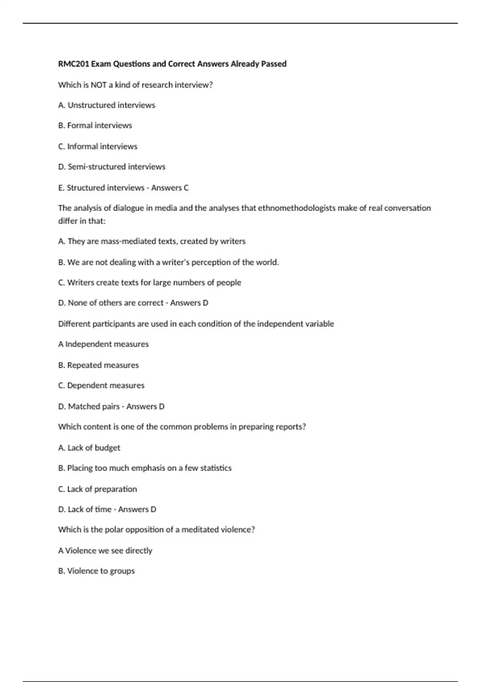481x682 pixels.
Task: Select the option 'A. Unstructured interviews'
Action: coord(107,105)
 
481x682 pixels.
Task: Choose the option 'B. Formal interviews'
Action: coord(95,126)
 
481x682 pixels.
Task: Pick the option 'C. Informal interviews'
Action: coord(98,146)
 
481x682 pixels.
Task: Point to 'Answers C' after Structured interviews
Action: coord(170,187)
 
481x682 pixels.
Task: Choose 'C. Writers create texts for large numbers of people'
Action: coord(150,282)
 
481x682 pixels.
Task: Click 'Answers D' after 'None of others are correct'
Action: coord(189,303)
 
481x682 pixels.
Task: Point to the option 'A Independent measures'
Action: coord(103,344)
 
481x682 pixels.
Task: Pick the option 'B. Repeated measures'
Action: coord(99,365)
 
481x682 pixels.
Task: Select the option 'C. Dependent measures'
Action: coord(101,386)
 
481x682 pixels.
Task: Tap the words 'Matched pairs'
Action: coord(94,406)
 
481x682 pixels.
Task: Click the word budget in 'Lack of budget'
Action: coord(107,448)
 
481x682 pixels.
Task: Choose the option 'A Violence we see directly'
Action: coord(105,550)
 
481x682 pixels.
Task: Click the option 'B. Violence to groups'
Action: coord(96,571)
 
